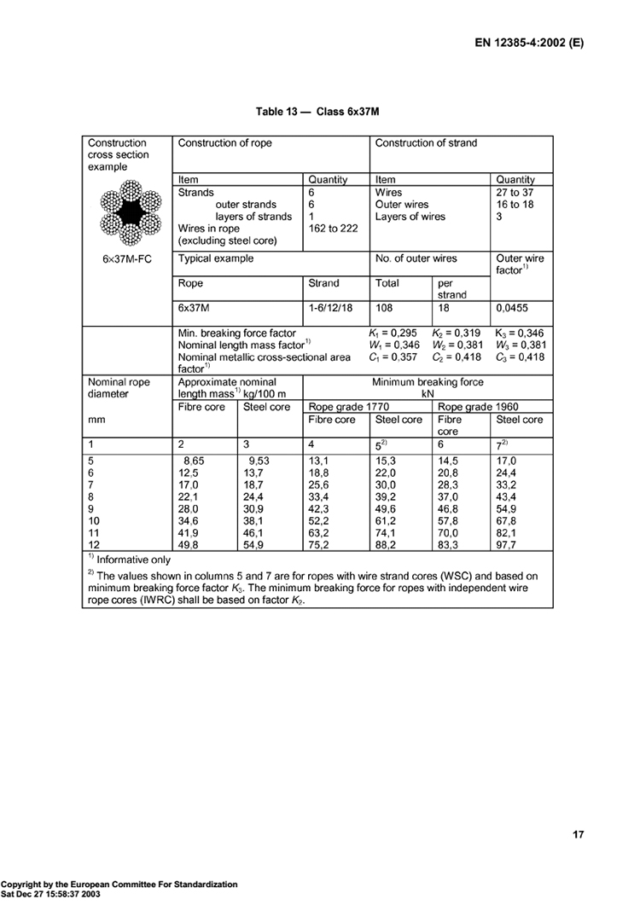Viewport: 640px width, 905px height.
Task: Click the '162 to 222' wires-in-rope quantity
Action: (x=333, y=229)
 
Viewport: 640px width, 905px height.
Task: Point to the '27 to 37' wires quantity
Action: (x=515, y=193)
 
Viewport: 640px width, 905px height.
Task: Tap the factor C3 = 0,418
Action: (x=520, y=357)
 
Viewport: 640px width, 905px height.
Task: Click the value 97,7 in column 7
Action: (x=509, y=543)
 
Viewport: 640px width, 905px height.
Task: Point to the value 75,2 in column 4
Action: (x=320, y=543)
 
